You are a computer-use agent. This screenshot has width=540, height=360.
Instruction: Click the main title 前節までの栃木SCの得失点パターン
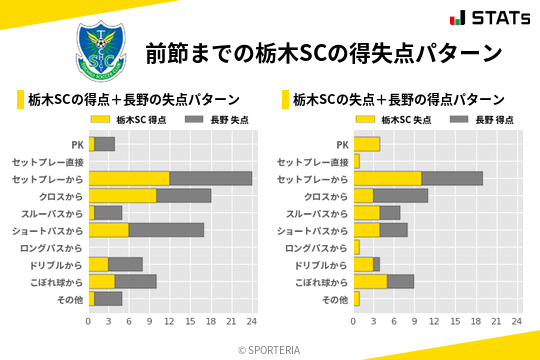[323, 52]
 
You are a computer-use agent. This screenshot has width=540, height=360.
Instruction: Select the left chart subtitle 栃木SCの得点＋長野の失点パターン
[134, 99]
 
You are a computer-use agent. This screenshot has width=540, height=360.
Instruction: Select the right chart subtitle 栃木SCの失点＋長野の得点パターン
[398, 99]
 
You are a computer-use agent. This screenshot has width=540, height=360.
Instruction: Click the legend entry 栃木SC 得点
[130, 119]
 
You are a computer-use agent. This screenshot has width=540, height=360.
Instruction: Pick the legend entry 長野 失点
[217, 119]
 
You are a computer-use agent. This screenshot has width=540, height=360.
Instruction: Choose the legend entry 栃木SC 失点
[394, 119]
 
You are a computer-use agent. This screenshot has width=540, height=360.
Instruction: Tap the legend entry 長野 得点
[483, 119]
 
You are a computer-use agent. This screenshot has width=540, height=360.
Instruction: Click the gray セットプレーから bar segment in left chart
[211, 178]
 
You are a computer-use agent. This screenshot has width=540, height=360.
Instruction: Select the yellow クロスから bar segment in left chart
[123, 195]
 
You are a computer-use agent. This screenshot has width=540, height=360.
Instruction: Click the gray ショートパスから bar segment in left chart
[167, 230]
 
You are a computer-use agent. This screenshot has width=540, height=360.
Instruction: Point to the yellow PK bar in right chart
[366, 144]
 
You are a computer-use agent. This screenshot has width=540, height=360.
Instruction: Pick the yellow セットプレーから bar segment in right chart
[387, 178]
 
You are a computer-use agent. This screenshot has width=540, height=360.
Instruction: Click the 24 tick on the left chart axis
[252, 322]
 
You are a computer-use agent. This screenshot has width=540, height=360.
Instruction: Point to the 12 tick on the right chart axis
[435, 322]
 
